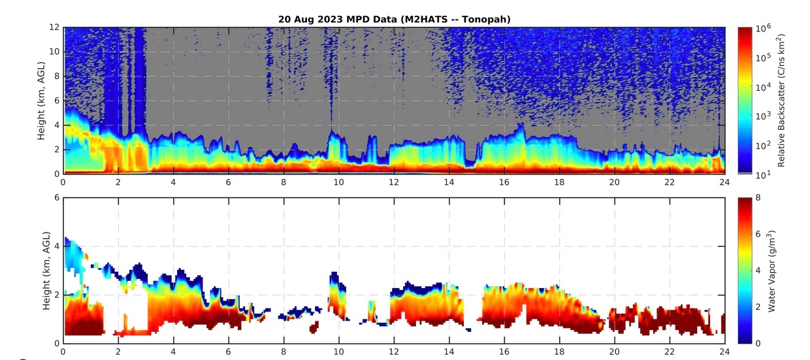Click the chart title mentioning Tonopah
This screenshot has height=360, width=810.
tap(394, 20)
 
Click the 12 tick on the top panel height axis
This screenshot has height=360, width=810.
tap(55, 28)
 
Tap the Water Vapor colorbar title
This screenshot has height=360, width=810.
tap(771, 270)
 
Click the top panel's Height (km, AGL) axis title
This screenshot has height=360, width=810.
tap(40, 101)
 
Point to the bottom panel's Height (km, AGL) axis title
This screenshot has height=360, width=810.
tap(40, 270)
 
